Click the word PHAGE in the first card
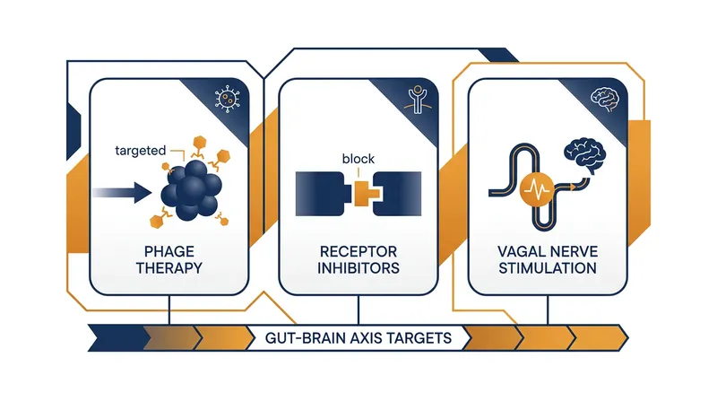(x=169, y=251)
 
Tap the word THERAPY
(x=169, y=268)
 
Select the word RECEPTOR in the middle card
(x=358, y=251)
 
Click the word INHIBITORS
(x=358, y=268)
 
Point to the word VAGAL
(x=520, y=251)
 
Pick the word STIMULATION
(x=548, y=268)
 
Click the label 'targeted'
(x=141, y=151)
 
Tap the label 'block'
(x=358, y=159)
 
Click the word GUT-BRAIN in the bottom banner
(x=306, y=338)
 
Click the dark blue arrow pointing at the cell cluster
(x=122, y=192)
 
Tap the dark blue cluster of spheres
(x=192, y=190)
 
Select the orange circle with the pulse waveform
(x=537, y=188)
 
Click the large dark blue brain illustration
(x=585, y=155)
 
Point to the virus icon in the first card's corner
(x=228, y=99)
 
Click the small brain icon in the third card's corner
(x=604, y=100)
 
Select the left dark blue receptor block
(x=320, y=194)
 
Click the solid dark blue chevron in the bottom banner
(x=119, y=338)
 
